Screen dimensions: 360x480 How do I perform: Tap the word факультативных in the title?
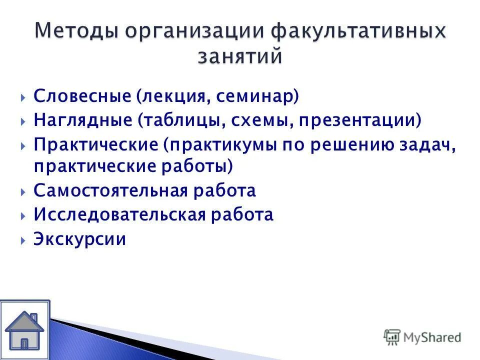[x=357, y=32]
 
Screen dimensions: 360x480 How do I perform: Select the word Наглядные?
[x=83, y=120]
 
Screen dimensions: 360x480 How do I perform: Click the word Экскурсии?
[x=79, y=239]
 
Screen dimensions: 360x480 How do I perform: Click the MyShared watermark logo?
[x=422, y=337]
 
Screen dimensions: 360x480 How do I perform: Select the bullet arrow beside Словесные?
[x=23, y=97]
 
